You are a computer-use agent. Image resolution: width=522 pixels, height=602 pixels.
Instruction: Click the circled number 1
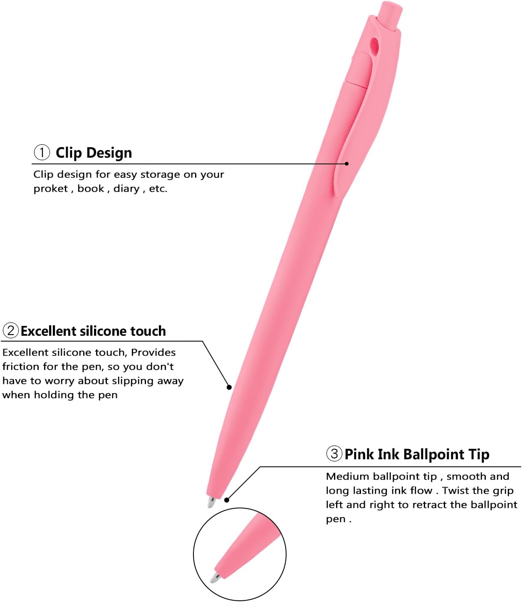click(x=42, y=152)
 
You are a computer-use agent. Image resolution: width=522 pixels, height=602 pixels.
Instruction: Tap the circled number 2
click(x=10, y=330)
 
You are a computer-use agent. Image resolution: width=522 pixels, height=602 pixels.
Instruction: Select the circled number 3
click(x=334, y=453)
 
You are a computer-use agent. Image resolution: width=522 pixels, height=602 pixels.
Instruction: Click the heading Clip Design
click(x=94, y=153)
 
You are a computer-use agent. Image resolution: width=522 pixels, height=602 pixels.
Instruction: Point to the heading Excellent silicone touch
click(x=93, y=331)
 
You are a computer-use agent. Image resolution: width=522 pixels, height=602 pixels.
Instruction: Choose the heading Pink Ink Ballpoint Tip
click(x=417, y=454)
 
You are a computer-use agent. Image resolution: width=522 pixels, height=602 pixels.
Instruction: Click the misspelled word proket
click(x=51, y=188)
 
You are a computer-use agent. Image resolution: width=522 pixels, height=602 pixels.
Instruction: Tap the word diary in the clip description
click(x=126, y=188)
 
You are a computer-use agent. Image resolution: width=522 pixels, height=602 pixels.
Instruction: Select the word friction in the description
click(x=20, y=367)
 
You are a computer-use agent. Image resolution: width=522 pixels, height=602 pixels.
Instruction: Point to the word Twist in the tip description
click(x=455, y=491)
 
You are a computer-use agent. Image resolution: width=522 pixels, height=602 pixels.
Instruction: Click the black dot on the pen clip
click(x=347, y=164)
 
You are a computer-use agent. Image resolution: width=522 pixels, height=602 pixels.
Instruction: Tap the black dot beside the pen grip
click(x=229, y=387)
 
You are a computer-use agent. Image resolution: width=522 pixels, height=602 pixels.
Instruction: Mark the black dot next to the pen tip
click(x=226, y=500)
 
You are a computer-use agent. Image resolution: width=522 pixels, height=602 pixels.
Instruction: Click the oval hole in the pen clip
click(x=374, y=47)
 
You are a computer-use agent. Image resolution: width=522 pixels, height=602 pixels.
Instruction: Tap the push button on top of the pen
click(x=390, y=15)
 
